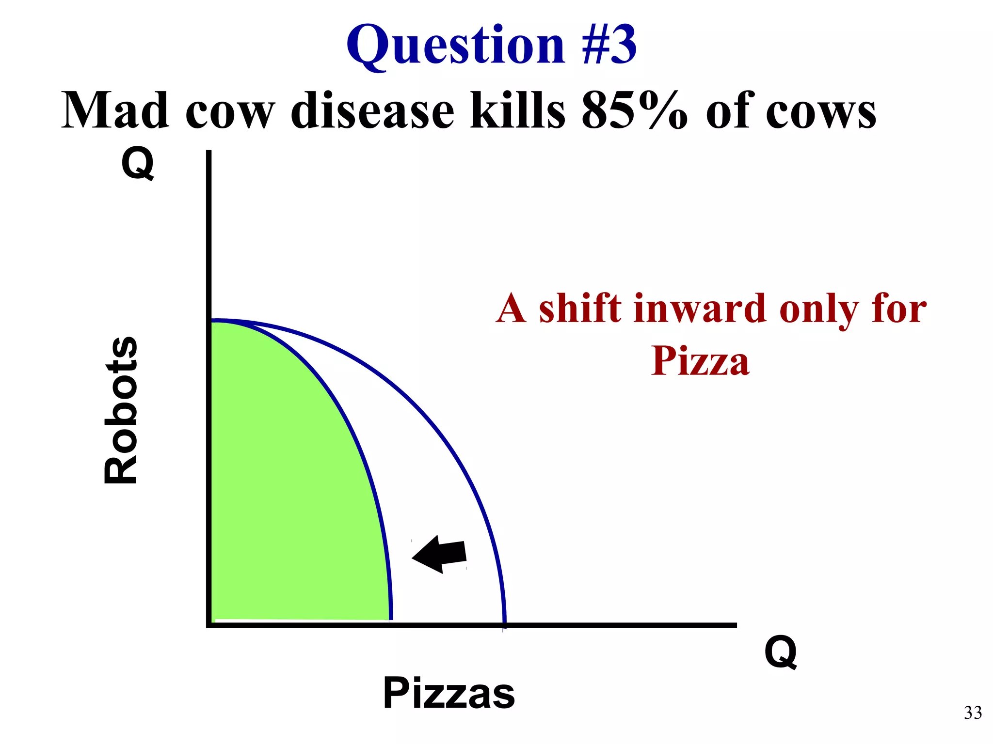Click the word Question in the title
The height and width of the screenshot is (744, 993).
coord(456,46)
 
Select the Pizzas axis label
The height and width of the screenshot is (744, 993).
coord(449,694)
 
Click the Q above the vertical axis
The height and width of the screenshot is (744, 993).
coord(138,164)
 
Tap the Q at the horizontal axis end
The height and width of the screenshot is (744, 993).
coord(781,652)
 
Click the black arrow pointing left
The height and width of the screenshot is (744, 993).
coord(439,555)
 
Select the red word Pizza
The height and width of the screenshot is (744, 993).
coord(700,361)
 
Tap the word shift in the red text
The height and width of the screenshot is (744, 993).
coord(580,309)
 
